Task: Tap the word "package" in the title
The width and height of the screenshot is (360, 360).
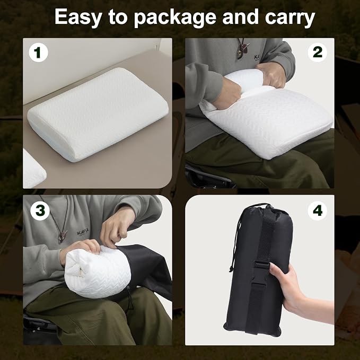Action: (175, 18)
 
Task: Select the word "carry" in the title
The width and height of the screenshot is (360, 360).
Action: (290, 19)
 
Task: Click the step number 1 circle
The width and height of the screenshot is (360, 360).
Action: (38, 52)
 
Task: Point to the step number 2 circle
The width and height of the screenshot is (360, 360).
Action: (317, 52)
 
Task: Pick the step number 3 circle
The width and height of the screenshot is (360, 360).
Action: (40, 211)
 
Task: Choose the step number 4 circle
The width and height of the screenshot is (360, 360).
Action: (317, 211)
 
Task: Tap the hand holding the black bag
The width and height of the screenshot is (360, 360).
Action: (296, 292)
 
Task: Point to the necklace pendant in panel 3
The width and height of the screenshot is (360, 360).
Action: (63, 236)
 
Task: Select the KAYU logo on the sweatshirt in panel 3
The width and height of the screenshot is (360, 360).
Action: (83, 233)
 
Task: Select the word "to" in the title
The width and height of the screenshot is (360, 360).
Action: (118, 18)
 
